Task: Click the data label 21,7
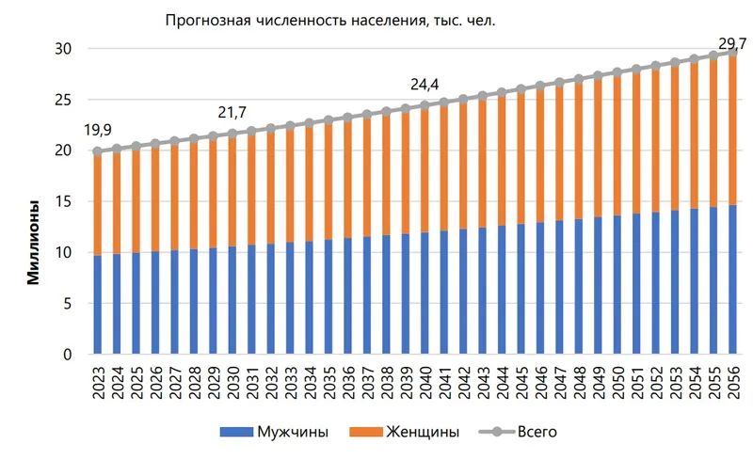[232, 113]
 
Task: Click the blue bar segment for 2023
[97, 306]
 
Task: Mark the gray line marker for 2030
[232, 134]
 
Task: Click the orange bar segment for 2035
[328, 180]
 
